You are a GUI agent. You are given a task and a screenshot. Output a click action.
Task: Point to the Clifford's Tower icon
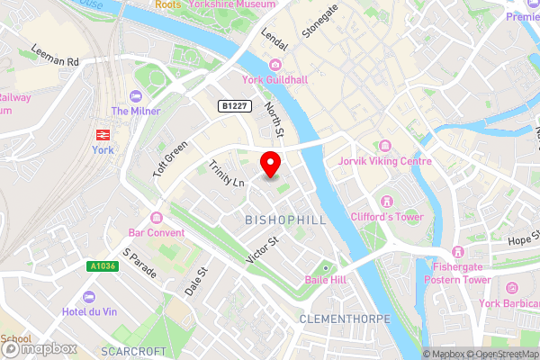click(387, 201)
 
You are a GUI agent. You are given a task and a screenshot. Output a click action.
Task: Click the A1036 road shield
click(102, 266)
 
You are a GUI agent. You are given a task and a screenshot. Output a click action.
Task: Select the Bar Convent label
click(157, 232)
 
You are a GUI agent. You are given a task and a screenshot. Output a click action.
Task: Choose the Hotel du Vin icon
click(88, 297)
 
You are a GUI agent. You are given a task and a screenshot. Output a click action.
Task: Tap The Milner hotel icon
click(136, 96)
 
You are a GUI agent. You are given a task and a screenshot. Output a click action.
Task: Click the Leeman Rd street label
click(56, 56)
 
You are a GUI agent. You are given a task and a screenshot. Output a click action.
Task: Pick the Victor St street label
click(264, 251)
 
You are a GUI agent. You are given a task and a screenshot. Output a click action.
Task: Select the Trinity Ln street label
click(226, 173)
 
